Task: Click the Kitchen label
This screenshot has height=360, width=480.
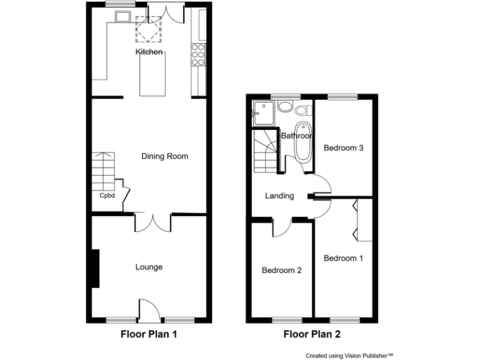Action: [149, 52]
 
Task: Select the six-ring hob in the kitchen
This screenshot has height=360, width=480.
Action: [198, 54]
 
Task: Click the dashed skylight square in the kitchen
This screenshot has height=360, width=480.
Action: [149, 29]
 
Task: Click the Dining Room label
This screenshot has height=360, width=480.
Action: [164, 156]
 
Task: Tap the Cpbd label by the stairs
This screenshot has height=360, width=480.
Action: [107, 195]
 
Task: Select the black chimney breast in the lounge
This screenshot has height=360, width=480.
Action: [95, 268]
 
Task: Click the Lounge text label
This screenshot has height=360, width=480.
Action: [149, 267]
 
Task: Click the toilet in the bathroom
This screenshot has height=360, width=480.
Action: [304, 111]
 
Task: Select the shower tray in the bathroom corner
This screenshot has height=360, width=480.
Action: [261, 112]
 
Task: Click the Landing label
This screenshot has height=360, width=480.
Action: [279, 196]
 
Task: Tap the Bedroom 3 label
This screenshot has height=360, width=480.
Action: [343, 148]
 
